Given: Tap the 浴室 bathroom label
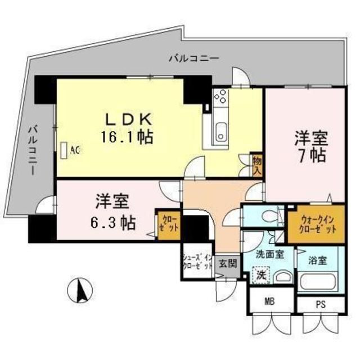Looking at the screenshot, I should tap(317, 260).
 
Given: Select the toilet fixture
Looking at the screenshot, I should tap(271, 215).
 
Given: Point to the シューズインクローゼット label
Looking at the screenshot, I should tap(197, 262).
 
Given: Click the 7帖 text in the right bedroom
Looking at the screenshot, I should tap(310, 155).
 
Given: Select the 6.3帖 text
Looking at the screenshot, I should tap(112, 223).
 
